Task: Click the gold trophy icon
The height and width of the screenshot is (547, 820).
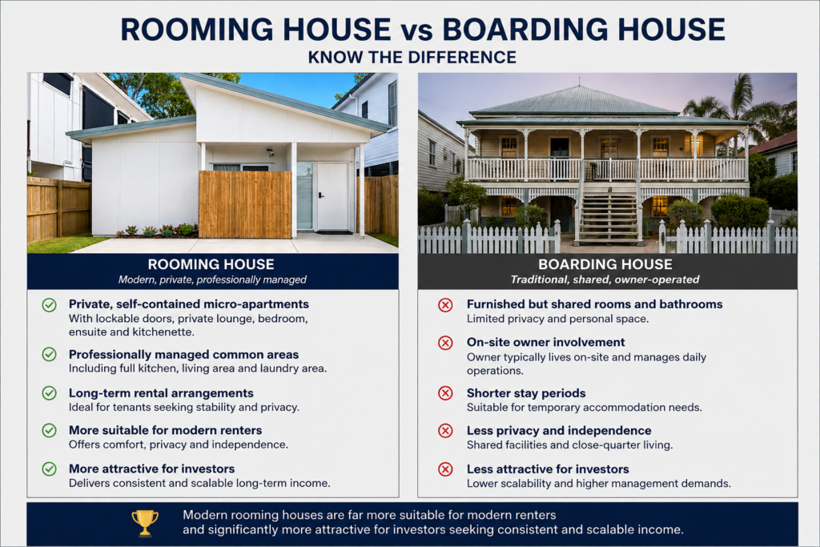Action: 145,522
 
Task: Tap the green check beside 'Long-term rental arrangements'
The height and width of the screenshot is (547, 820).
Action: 49,392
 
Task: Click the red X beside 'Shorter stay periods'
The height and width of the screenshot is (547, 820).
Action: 445,392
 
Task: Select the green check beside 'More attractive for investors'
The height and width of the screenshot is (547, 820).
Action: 49,469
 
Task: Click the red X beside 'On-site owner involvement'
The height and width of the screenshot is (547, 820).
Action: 445,343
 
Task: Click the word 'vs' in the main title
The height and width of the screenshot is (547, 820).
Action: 416,31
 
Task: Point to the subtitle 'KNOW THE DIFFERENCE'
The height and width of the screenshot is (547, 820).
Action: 412,57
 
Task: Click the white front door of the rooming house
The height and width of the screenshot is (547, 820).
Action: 332,196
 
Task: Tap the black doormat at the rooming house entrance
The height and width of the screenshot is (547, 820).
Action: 334,232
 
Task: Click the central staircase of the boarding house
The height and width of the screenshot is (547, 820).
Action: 609,211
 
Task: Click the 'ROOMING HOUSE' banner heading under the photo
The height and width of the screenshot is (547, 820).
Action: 211,264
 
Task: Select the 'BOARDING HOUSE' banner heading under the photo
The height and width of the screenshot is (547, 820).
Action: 605,264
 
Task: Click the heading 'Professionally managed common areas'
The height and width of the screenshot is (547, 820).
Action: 183,355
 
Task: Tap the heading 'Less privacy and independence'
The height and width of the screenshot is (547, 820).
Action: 559,430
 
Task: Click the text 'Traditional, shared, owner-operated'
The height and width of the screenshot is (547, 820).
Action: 605,280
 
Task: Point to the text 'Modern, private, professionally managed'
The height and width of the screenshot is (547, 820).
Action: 211,280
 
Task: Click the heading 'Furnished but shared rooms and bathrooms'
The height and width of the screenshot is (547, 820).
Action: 595,304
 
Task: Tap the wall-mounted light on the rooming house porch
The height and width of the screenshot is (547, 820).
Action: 270,153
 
